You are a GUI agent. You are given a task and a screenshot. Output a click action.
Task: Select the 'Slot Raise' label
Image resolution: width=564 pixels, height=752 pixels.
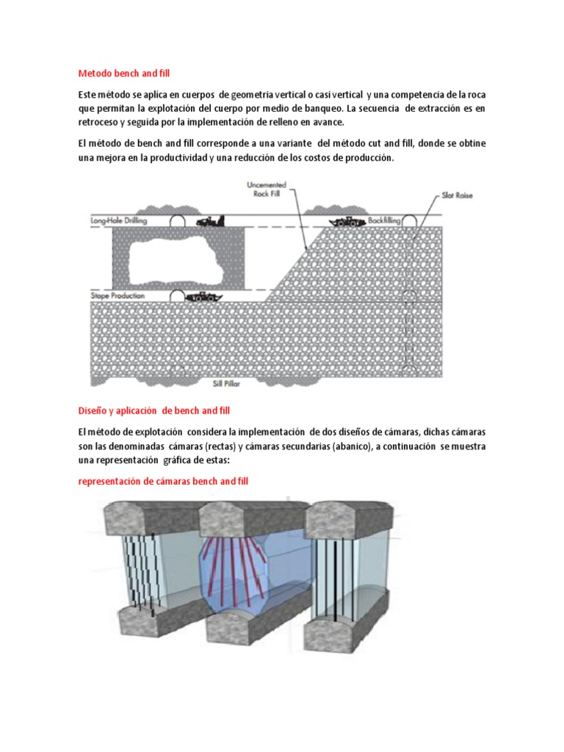coord(457,197)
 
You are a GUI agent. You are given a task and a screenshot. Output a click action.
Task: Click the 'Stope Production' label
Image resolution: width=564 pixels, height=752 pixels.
coord(117,295)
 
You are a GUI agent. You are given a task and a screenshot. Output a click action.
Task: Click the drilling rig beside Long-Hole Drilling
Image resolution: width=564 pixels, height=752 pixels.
coord(210,220)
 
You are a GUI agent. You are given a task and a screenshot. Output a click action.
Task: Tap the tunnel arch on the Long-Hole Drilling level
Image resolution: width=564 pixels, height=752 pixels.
coord(177,220)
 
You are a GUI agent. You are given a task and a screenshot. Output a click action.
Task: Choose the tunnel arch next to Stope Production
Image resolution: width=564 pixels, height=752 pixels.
coord(177,296)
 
